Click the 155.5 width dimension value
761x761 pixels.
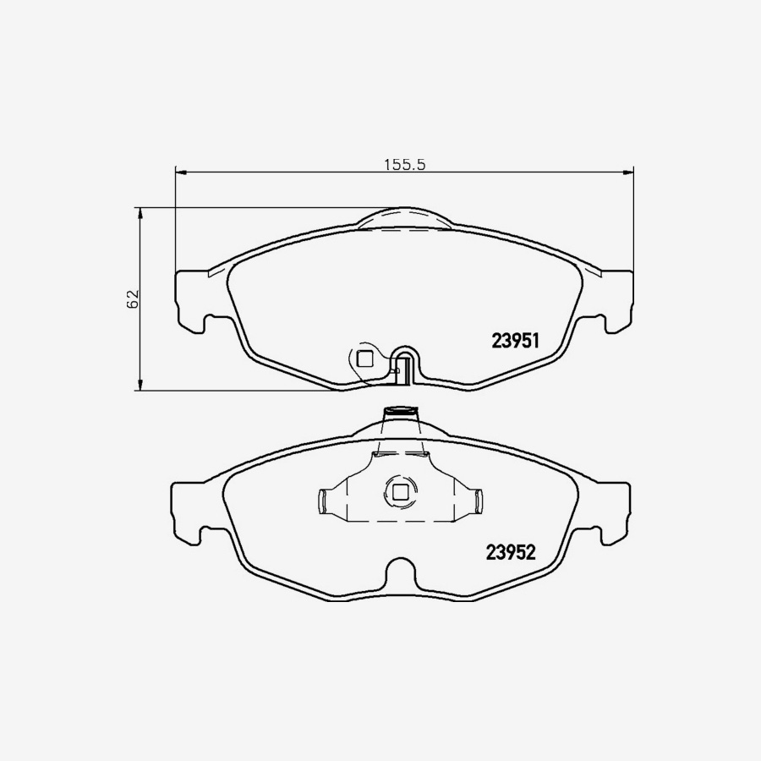[x=404, y=166]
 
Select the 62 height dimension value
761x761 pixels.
[x=132, y=298]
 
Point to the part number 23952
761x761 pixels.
[x=512, y=552]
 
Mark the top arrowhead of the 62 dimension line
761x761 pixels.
[x=140, y=212]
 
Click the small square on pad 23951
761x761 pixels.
[x=364, y=358]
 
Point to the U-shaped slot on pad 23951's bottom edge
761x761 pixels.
[x=405, y=365]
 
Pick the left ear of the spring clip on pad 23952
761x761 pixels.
[x=322, y=501]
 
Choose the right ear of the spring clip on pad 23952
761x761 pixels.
[x=478, y=501]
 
